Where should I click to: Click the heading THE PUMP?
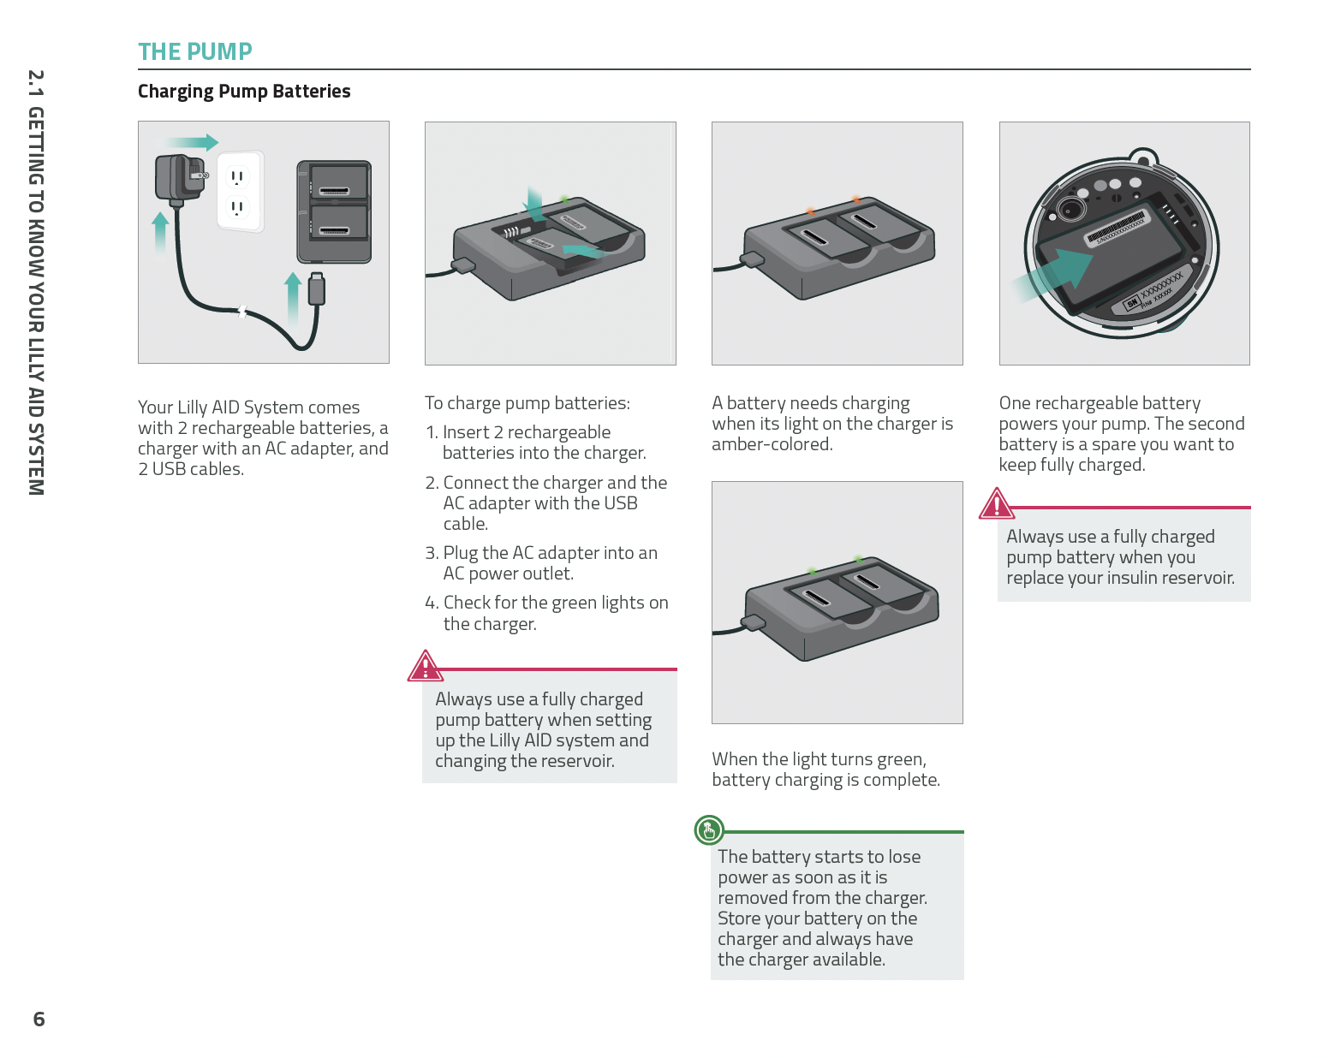[195, 52]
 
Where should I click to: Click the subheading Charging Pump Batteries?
[244, 92]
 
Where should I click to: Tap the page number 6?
[39, 1019]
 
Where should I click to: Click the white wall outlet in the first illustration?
[239, 192]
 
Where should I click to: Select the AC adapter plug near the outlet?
[179, 177]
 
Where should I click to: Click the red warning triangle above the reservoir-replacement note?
[997, 505]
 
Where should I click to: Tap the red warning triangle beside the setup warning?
[425, 667]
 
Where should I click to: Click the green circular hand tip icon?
[709, 829]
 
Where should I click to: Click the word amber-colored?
[772, 444]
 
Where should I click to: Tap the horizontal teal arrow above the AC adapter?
[191, 143]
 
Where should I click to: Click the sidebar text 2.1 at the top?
[35, 84]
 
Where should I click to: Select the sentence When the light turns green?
[819, 759]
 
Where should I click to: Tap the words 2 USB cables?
[191, 469]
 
